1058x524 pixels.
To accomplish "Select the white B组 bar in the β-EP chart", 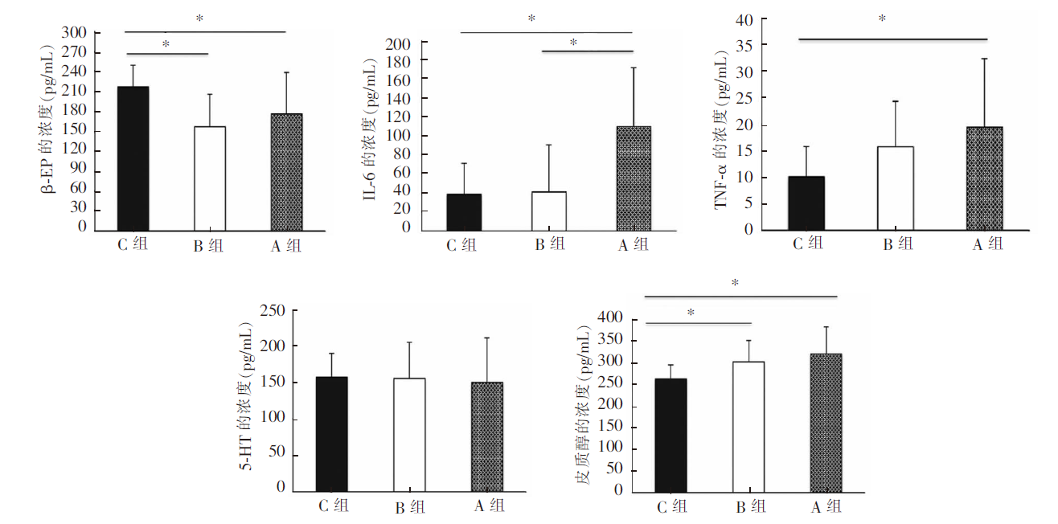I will [210, 178].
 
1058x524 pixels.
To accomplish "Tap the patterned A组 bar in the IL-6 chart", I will [634, 178].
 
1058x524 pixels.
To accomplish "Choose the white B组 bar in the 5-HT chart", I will [409, 435].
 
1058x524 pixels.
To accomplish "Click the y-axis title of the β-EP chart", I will [49, 129].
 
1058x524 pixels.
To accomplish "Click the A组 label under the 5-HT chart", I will [489, 506].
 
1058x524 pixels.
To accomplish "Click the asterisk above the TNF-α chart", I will [882, 18].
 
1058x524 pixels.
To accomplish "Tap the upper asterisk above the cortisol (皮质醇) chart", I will [735, 283].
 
